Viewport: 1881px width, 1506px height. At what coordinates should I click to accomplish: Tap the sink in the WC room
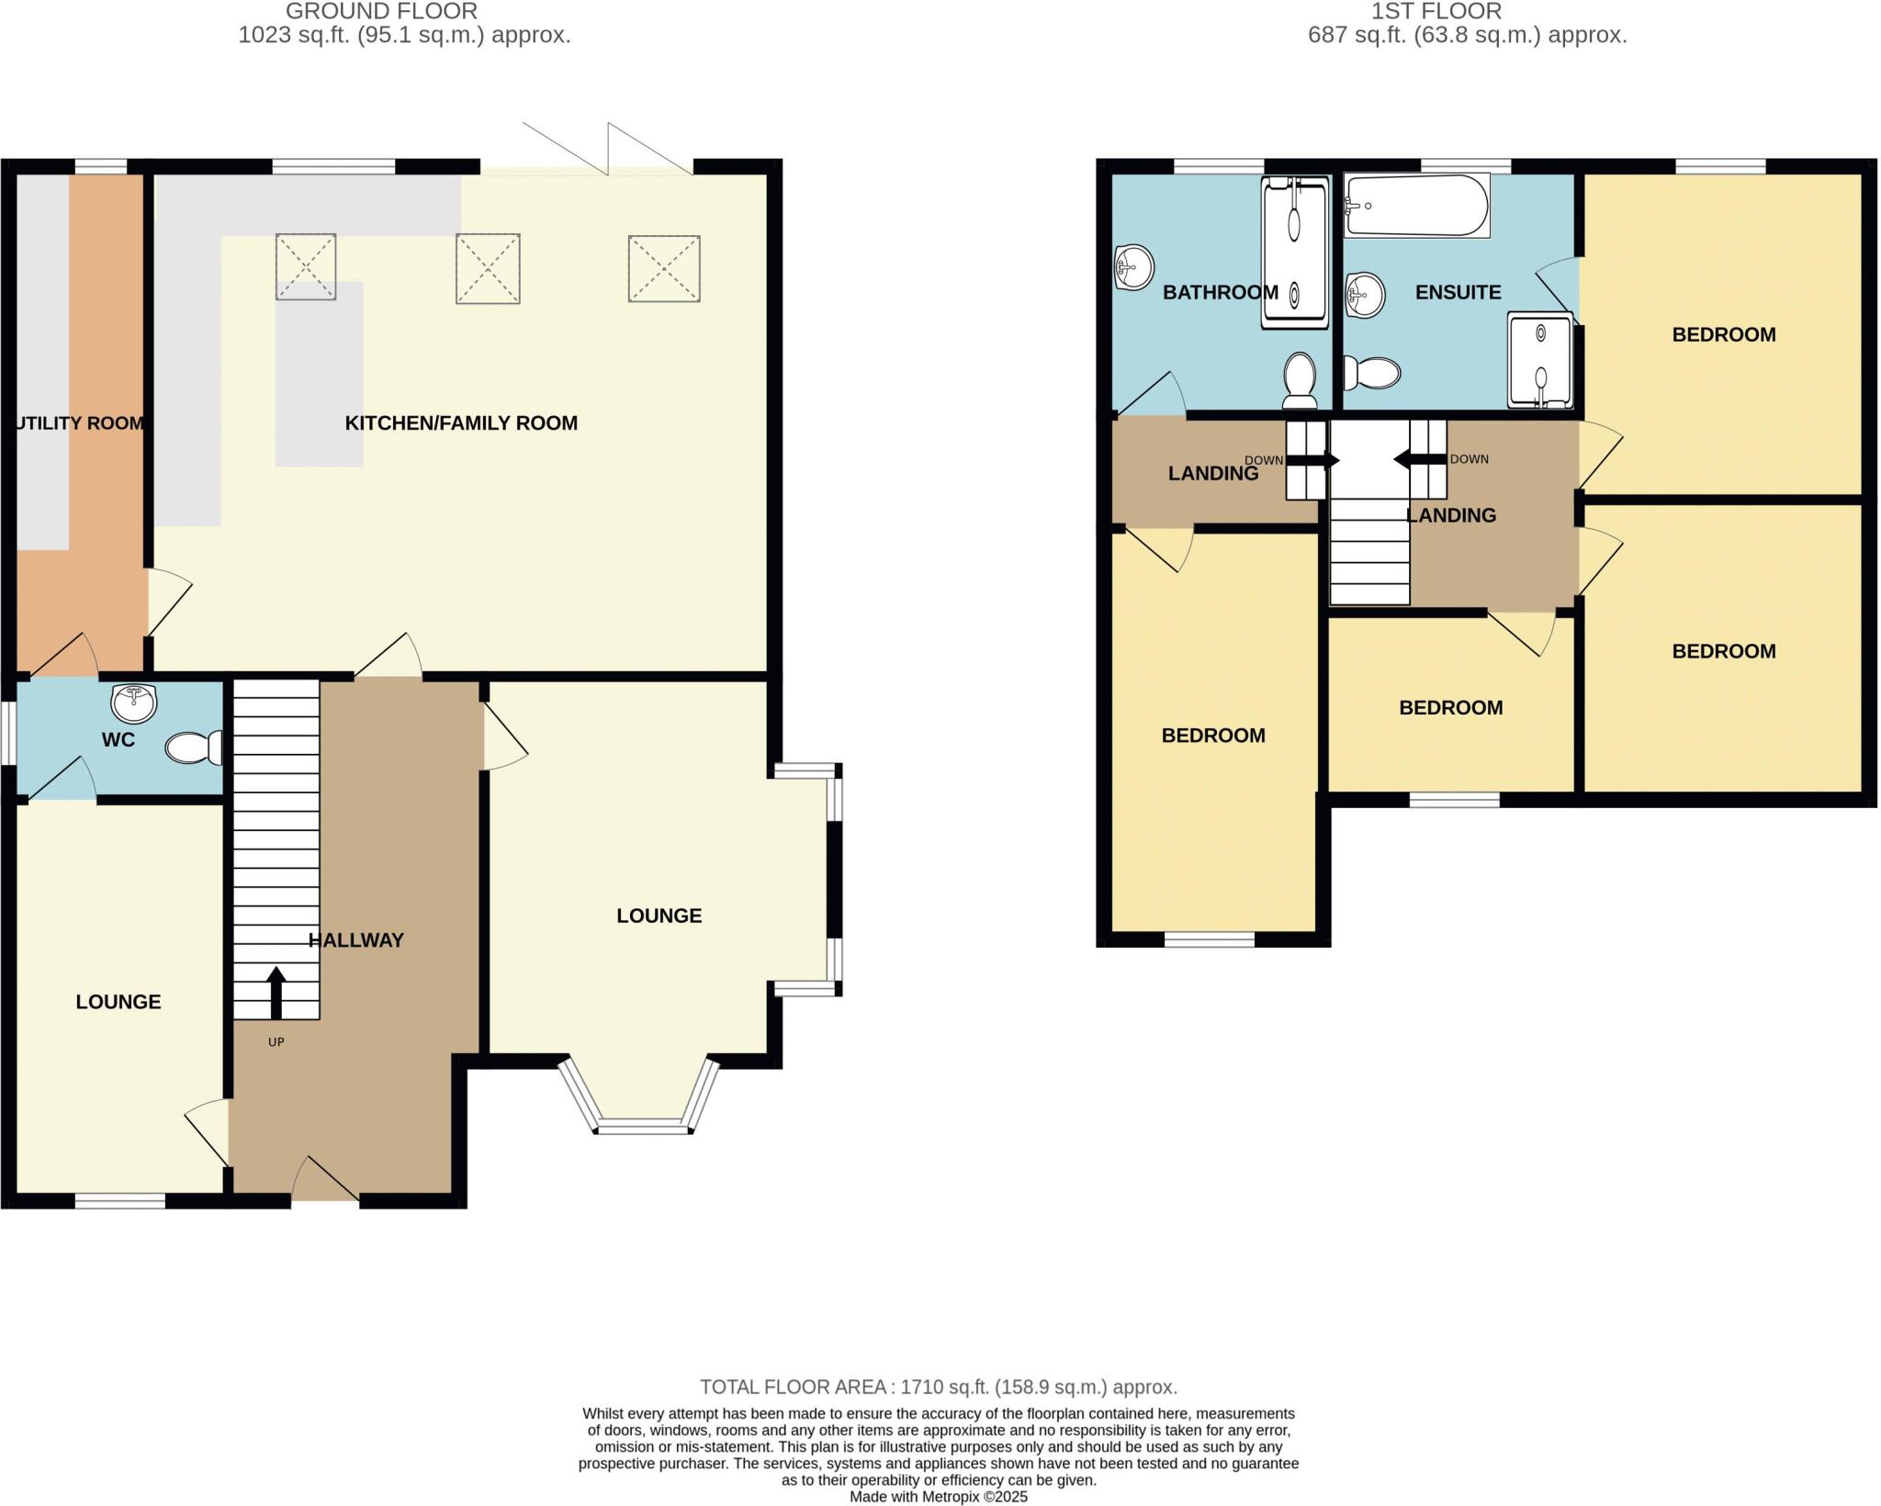tap(134, 703)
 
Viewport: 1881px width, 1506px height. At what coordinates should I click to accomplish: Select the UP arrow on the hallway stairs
tap(276, 992)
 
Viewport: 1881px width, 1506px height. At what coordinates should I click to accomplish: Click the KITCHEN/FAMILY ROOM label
tap(461, 423)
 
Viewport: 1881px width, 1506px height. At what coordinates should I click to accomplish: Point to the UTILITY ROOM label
tap(80, 423)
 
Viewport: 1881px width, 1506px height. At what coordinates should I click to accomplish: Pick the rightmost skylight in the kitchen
tap(664, 268)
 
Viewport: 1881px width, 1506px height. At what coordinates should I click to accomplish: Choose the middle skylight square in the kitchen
tap(488, 268)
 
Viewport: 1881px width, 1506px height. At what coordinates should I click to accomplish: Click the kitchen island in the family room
tap(319, 374)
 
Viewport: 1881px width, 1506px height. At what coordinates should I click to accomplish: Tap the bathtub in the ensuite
tap(1416, 206)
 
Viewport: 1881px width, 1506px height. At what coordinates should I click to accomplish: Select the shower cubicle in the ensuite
tap(1540, 360)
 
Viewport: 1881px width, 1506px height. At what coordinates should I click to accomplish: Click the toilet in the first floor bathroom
tap(1300, 381)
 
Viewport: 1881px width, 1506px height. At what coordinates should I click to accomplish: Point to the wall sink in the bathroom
tap(1133, 267)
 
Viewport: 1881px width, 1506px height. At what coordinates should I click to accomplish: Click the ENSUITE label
tap(1458, 293)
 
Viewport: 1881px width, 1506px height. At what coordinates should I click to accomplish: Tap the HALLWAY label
tap(356, 940)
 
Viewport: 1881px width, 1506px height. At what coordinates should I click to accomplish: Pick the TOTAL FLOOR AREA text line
tap(938, 1387)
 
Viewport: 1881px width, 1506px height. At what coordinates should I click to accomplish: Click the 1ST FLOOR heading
tap(1436, 12)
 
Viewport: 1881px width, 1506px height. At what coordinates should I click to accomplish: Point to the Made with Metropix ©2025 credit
tap(938, 1497)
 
